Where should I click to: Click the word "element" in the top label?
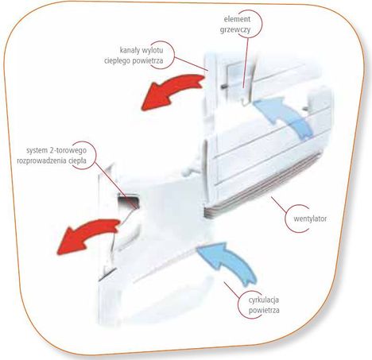click(x=237, y=19)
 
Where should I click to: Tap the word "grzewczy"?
click(x=235, y=29)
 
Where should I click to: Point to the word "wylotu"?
click(x=153, y=50)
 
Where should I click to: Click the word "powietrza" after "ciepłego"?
click(x=148, y=60)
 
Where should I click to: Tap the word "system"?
click(x=37, y=150)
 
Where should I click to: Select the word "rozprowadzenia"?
click(x=42, y=161)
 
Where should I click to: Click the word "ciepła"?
click(x=78, y=161)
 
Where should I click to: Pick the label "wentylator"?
click(x=310, y=219)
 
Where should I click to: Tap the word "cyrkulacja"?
click(x=264, y=300)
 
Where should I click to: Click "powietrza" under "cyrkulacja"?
click(x=264, y=310)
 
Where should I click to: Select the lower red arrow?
click(x=86, y=234)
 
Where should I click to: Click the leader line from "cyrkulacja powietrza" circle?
click(x=231, y=291)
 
